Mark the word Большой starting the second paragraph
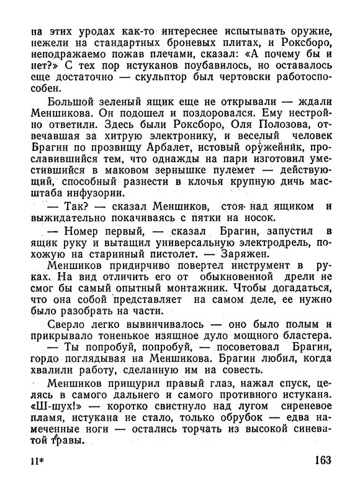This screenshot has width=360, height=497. point(67,96)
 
